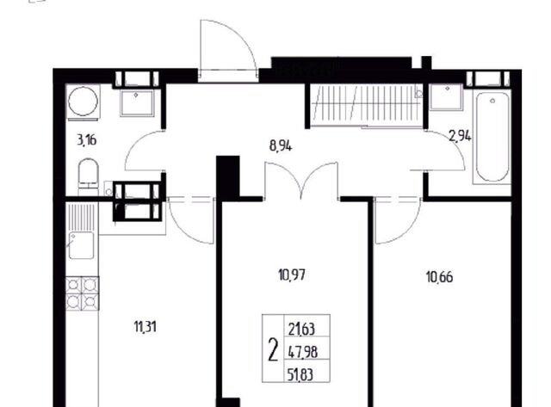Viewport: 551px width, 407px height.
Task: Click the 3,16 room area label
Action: click(x=86, y=140)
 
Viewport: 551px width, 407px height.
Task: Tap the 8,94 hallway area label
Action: click(x=281, y=145)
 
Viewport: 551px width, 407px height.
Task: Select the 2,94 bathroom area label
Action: click(x=460, y=136)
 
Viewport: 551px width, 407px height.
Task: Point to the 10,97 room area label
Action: click(x=292, y=275)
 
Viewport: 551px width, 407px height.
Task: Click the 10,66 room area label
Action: click(x=439, y=277)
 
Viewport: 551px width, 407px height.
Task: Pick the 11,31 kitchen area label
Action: click(x=145, y=327)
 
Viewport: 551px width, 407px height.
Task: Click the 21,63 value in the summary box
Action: click(x=301, y=330)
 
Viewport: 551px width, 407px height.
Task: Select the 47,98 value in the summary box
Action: click(x=303, y=352)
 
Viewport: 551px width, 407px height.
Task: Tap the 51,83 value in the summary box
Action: click(x=300, y=374)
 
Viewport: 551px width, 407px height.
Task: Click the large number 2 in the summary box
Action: click(x=273, y=349)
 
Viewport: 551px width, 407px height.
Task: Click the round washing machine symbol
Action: click(x=84, y=102)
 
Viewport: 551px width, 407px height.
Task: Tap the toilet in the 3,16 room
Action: click(x=88, y=176)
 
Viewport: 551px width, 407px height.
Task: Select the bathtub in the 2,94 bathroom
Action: click(x=492, y=137)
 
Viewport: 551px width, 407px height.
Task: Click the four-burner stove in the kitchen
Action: click(x=83, y=293)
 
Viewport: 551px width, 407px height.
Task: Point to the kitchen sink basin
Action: click(x=81, y=245)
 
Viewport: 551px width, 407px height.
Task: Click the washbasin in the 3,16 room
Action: click(x=137, y=103)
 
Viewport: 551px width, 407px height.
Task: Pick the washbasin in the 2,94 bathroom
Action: click(x=446, y=97)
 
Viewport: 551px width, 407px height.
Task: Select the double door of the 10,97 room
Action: click(x=301, y=181)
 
